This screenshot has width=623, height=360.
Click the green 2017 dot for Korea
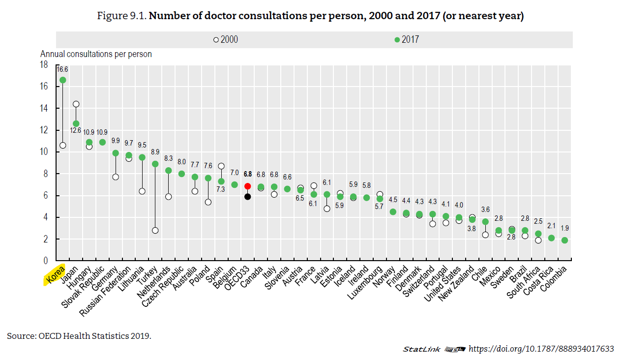point(62,80)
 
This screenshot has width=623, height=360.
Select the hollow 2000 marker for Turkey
point(155,230)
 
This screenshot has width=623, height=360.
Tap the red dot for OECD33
point(247,186)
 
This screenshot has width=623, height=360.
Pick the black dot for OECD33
point(247,196)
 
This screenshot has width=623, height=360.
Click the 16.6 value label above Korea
point(62,69)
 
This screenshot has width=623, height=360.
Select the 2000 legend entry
point(226,40)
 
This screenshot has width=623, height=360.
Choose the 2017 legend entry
point(407,40)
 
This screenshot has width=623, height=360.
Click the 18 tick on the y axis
point(44,64)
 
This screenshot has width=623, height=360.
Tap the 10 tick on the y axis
point(44,152)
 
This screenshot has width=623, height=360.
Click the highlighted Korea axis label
point(55,275)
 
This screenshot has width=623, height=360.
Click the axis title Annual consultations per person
point(96,54)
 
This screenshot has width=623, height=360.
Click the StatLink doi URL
point(541,349)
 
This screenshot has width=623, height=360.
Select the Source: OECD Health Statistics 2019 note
point(79,336)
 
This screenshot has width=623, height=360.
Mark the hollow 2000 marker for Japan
point(76,104)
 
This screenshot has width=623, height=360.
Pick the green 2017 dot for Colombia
point(564,240)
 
